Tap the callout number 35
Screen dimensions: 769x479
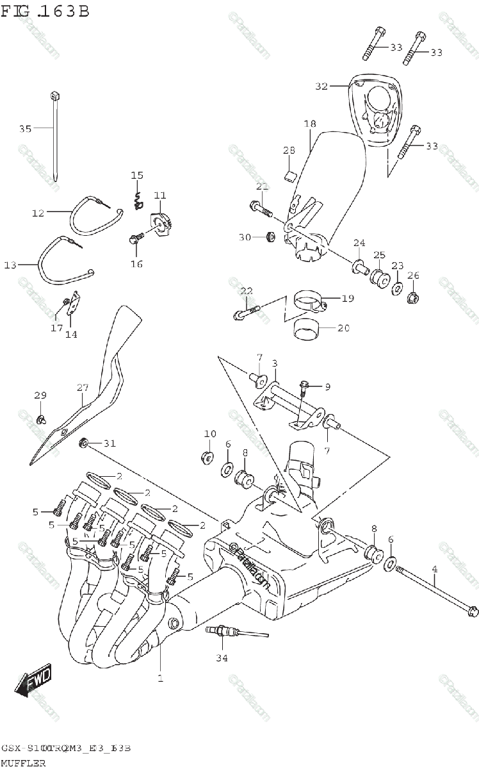[x=25, y=129]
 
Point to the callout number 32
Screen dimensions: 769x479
[x=321, y=86]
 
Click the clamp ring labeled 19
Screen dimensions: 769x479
[x=309, y=301]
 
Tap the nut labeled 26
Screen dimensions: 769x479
[x=413, y=297]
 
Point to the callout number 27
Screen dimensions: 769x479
[x=83, y=388]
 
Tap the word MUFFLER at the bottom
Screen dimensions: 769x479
[x=24, y=763]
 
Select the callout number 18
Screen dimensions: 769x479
[x=310, y=123]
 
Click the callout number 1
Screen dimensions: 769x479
[x=161, y=677]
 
